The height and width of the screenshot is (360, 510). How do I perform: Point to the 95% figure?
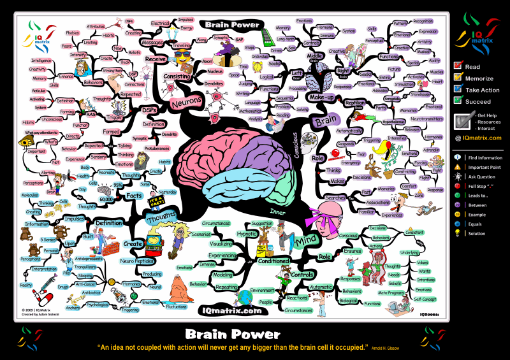tap(117, 185)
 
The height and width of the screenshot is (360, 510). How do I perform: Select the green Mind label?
tap(306, 242)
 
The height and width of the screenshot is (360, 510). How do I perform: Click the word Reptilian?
tap(354, 102)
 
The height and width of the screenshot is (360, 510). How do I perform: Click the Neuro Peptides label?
tap(136, 261)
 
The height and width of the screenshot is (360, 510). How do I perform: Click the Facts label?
tap(134, 196)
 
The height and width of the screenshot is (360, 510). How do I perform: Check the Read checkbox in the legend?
tap(457, 65)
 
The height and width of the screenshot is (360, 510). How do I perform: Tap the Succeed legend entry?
tap(457, 101)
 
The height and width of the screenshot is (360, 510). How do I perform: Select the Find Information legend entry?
tap(457, 157)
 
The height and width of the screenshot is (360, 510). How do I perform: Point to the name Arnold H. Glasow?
tap(388, 348)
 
